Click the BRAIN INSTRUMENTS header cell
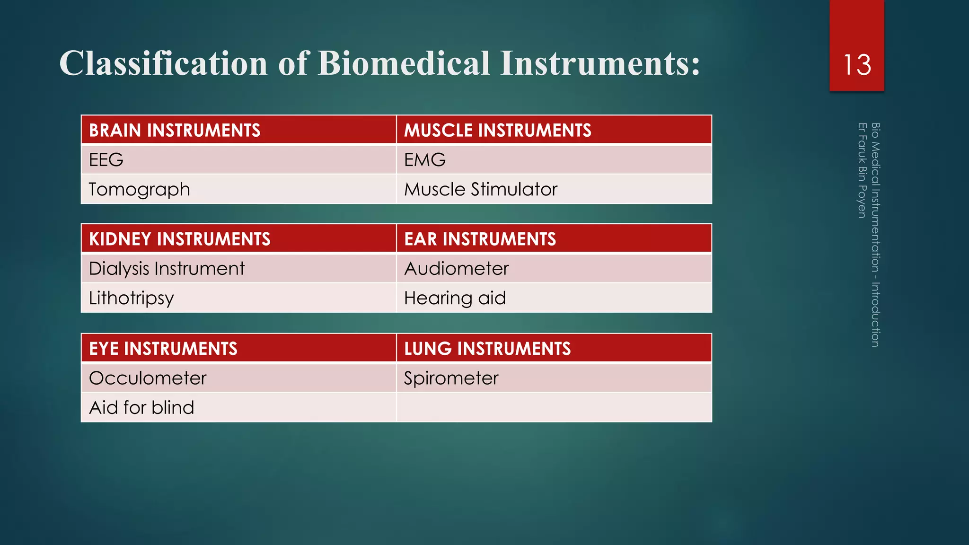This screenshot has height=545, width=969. (x=175, y=130)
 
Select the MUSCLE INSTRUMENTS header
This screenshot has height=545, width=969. (x=497, y=130)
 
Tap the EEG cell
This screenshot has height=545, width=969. (x=106, y=160)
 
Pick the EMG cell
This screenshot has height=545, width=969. (x=425, y=160)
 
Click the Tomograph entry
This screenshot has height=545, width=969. (x=139, y=189)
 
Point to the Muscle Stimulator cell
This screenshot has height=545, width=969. (x=481, y=189)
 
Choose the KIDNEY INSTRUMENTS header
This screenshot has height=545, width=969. (x=180, y=239)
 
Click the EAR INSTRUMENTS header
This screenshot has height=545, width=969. (x=480, y=239)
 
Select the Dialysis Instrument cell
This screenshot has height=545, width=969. (x=167, y=269)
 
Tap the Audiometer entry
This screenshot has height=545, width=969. (x=456, y=269)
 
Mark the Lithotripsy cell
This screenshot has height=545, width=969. (x=132, y=298)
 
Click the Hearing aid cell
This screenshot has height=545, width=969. (x=455, y=298)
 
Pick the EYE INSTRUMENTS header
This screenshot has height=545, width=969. (x=163, y=349)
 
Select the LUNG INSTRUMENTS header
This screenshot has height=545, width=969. (x=487, y=349)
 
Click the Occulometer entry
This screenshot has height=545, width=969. (x=148, y=378)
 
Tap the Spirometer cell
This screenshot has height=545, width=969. (x=451, y=378)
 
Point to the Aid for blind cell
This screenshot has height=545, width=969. (x=141, y=408)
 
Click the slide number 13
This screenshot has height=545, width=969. (x=857, y=65)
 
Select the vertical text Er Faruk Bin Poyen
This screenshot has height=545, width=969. (x=862, y=170)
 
